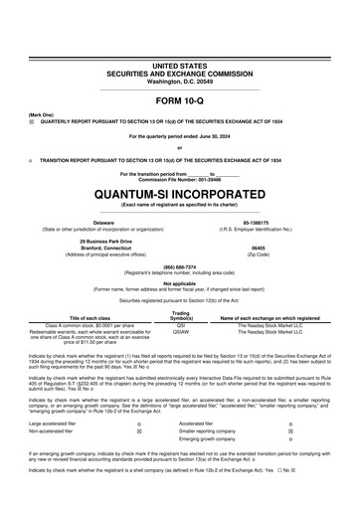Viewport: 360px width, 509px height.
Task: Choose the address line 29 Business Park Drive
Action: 103,241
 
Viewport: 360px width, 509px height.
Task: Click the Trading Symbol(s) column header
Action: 181,315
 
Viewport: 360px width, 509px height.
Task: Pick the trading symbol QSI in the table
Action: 181,324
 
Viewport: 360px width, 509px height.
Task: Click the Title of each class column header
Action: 90,317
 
